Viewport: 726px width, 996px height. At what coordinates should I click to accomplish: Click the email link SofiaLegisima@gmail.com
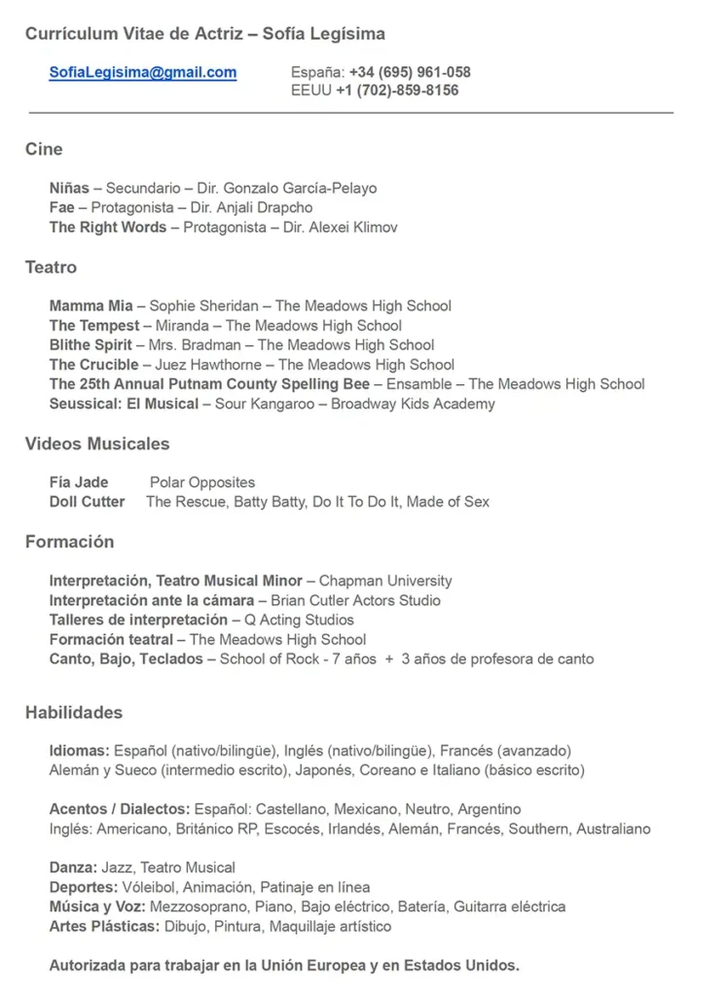click(143, 72)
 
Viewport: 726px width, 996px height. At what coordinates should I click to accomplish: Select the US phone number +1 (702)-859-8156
click(397, 90)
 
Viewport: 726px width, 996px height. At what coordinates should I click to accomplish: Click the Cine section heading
click(44, 149)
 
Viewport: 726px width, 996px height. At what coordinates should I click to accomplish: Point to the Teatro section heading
click(51, 267)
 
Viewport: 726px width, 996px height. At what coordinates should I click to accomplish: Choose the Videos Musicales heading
click(97, 444)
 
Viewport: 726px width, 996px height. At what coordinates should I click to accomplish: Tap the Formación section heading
click(69, 542)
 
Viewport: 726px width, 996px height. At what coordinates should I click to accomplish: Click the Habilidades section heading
click(74, 713)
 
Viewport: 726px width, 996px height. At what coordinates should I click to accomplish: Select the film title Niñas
click(69, 188)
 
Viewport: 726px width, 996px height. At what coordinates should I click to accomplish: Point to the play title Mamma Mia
click(91, 305)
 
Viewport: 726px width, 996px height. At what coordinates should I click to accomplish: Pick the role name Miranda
click(182, 325)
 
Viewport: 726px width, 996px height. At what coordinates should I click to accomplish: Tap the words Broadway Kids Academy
click(413, 404)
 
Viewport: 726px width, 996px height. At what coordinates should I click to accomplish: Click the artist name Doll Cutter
click(87, 502)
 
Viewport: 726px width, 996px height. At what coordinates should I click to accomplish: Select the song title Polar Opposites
click(202, 482)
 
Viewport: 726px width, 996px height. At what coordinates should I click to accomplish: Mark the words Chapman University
click(385, 581)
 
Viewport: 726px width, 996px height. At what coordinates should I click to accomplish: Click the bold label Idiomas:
click(80, 751)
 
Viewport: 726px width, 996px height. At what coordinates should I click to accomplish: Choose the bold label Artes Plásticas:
click(104, 926)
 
